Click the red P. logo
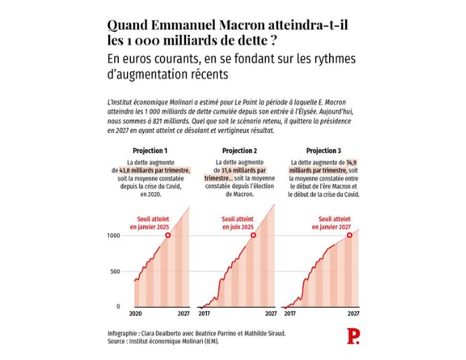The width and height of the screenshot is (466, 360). tap(353, 336)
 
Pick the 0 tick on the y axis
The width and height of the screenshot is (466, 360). tap(118, 306)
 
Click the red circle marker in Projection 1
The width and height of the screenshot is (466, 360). tap(168, 234)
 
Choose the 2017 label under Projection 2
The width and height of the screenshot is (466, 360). tap(204, 314)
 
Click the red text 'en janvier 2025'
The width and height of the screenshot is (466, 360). tap(150, 227)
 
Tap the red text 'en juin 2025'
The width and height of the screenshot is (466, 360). tap(237, 227)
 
